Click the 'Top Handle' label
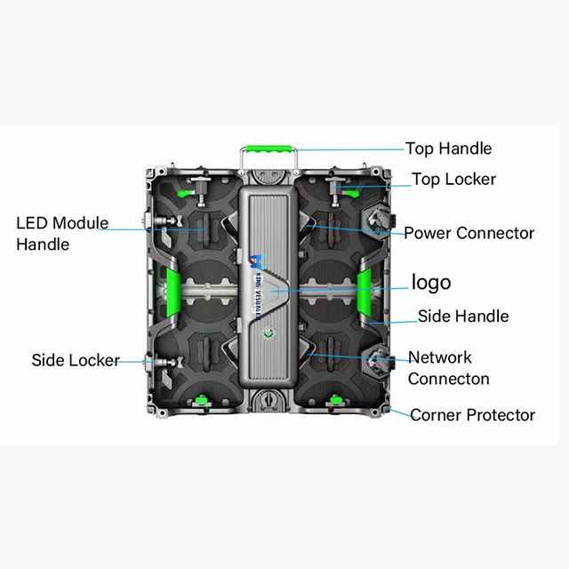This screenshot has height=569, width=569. pyautogui.click(x=448, y=148)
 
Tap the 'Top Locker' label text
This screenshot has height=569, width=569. pyautogui.click(x=453, y=179)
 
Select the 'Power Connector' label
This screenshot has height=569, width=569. pyautogui.click(x=469, y=233)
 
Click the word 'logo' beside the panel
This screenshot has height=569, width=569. pyautogui.click(x=430, y=283)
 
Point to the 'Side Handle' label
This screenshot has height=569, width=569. pyautogui.click(x=463, y=316)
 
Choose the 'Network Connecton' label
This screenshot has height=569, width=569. pyautogui.click(x=449, y=368)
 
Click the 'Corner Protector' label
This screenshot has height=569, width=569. pyautogui.click(x=472, y=414)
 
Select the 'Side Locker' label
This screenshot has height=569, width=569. pyautogui.click(x=76, y=360)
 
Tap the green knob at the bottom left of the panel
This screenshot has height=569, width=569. pyautogui.click(x=201, y=403)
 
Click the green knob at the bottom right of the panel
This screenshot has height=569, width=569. pyautogui.click(x=336, y=403)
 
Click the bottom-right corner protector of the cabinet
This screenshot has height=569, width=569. pyautogui.click(x=389, y=410)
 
